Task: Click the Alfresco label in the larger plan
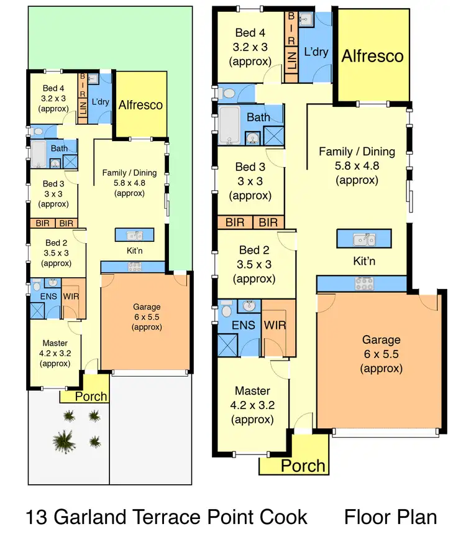coord(373,55)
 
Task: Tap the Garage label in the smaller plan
coord(147,306)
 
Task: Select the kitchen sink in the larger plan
coord(363,240)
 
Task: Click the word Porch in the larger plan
coord(303,465)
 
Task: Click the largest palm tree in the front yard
coord(63,441)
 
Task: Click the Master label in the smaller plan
coord(55,343)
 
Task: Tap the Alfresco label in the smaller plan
coord(141,104)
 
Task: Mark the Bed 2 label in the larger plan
coord(254,251)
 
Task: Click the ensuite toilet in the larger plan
coord(226,309)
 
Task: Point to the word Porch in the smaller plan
coord(91,396)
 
